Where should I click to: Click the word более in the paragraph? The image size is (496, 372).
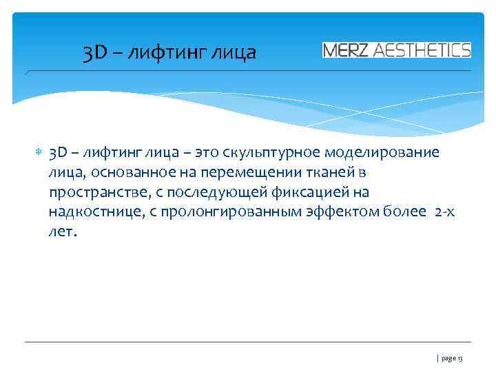point(405,212)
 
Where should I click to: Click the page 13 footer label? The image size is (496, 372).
point(452,359)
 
